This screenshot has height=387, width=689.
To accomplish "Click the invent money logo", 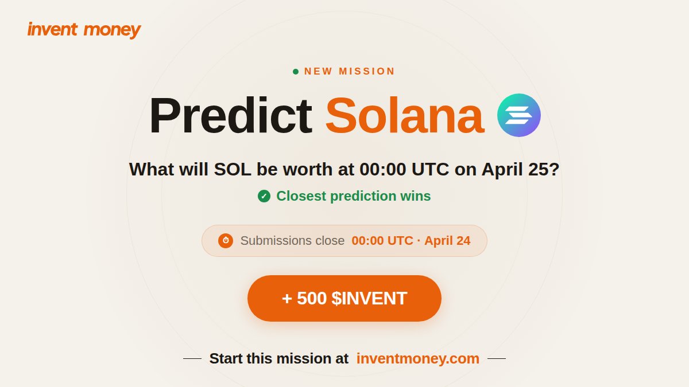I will [84, 29].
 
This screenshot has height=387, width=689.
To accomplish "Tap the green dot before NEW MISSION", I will [296, 72].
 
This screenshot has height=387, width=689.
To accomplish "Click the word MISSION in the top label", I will [367, 72].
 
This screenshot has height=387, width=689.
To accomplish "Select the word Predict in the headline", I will [230, 116].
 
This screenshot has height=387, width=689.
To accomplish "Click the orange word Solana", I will [404, 116].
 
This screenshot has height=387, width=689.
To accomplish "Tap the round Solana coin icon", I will [519, 115].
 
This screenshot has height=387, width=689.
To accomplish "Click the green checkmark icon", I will [264, 196].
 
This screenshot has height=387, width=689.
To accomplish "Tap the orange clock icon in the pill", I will [226, 241].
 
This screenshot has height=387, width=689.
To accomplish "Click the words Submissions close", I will [292, 241].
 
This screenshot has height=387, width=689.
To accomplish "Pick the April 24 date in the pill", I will [447, 241].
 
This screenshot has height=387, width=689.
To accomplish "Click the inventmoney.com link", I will [418, 358].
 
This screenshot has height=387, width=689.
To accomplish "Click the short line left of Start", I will [192, 359].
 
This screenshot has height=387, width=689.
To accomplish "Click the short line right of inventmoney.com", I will [497, 359].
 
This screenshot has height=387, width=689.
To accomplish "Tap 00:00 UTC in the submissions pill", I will [382, 241].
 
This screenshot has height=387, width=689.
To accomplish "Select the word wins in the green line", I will [416, 196].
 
